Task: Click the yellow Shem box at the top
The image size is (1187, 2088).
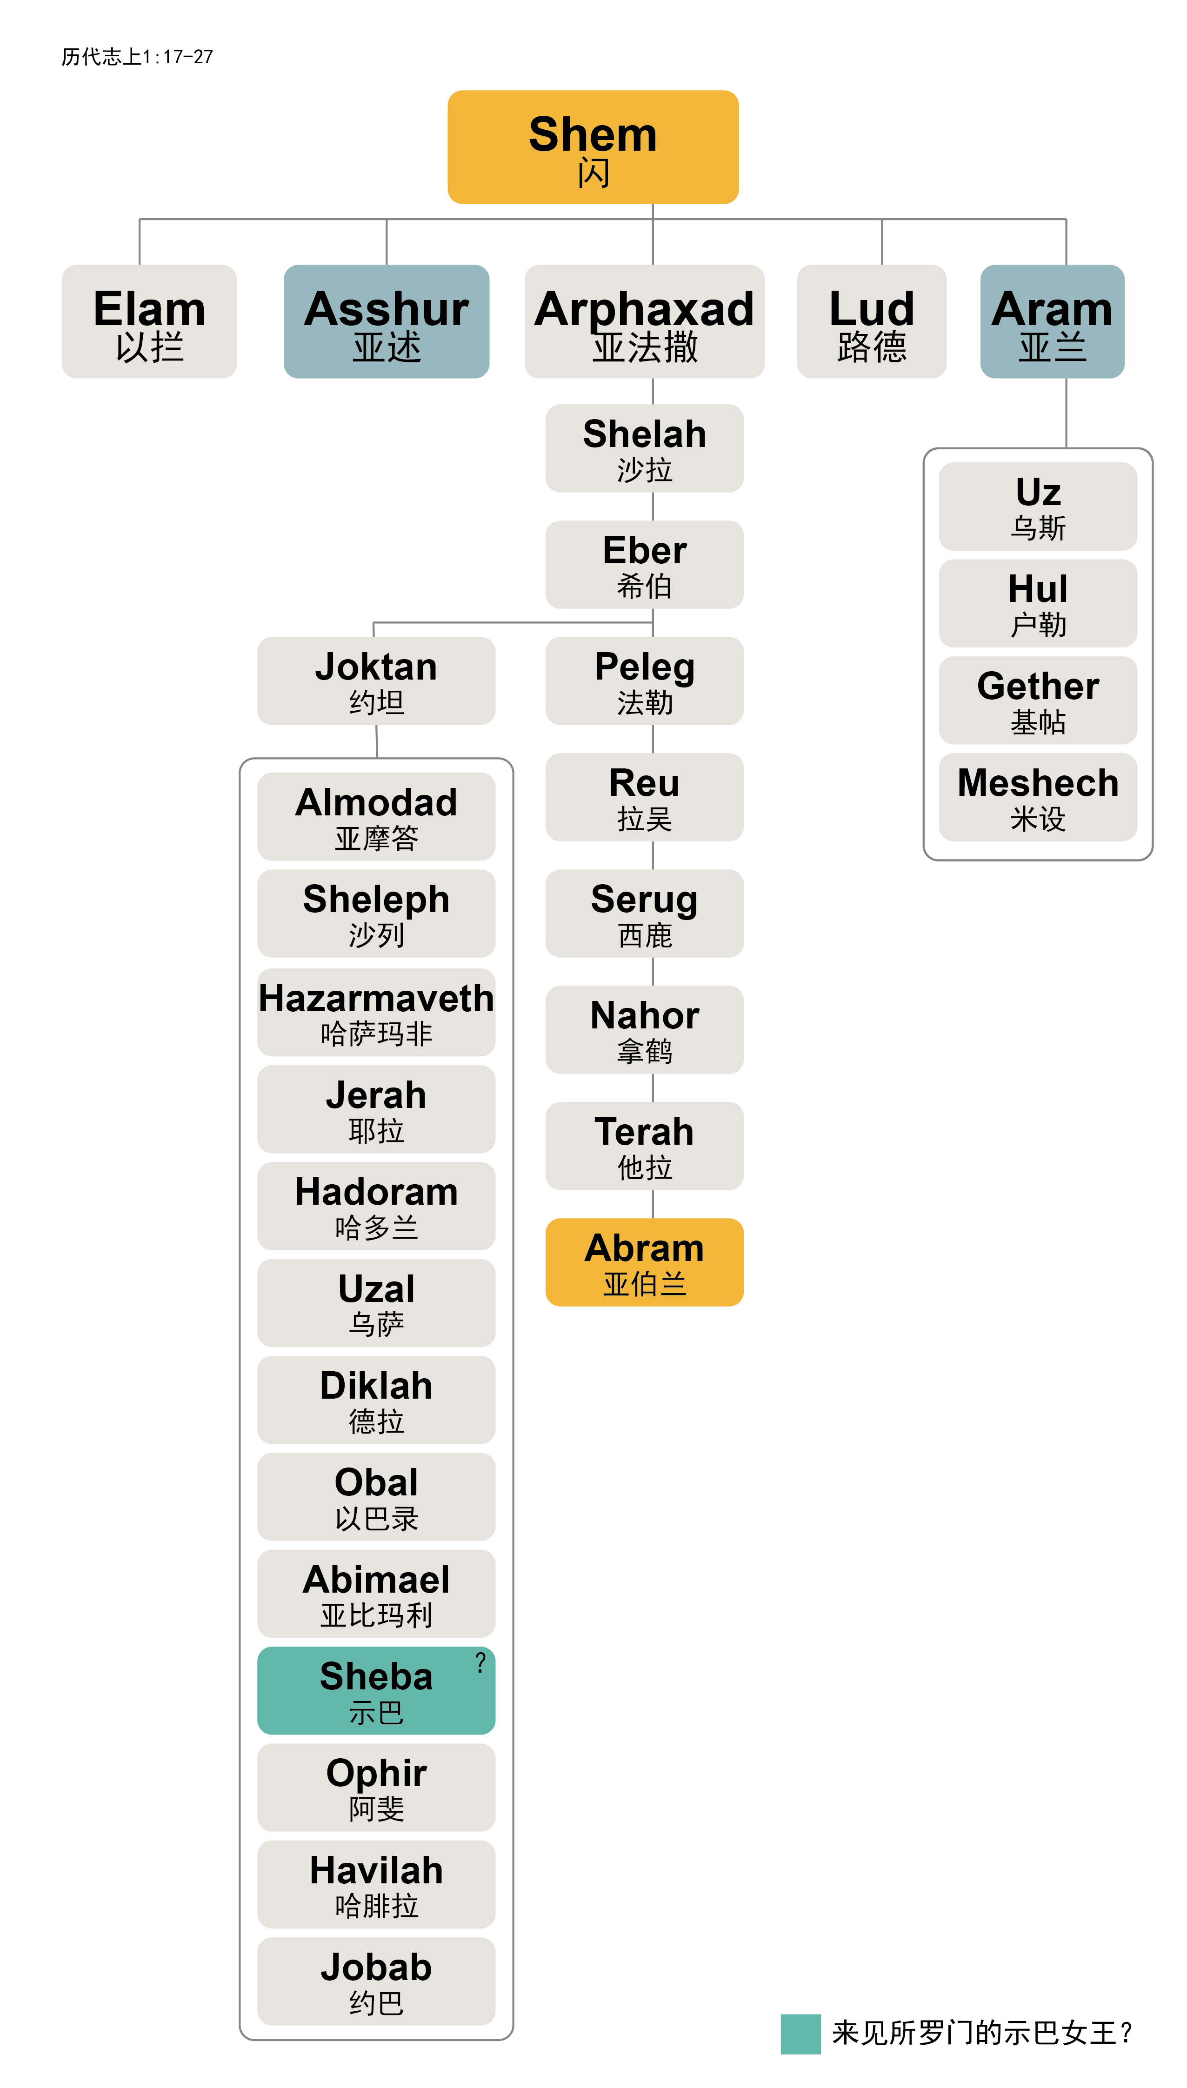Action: [593, 147]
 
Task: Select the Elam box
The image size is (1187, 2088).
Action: [149, 321]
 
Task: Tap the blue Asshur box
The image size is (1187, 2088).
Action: [387, 321]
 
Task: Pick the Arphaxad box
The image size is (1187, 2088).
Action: [644, 321]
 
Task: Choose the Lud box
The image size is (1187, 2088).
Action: [872, 321]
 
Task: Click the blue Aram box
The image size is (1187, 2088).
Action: [1052, 321]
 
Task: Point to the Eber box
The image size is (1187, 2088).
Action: [644, 564]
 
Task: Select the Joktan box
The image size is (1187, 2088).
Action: [376, 680]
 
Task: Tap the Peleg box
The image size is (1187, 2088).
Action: [644, 680]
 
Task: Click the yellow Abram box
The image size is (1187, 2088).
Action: [644, 1261]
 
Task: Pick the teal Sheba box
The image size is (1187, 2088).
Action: [376, 1689]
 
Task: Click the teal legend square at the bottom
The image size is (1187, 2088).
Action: [800, 2034]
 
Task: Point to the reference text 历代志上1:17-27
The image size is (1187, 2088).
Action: [137, 56]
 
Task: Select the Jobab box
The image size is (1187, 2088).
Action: [376, 1981]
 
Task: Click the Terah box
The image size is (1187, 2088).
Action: [644, 1145]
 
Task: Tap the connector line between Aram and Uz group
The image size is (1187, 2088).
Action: [1066, 413]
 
